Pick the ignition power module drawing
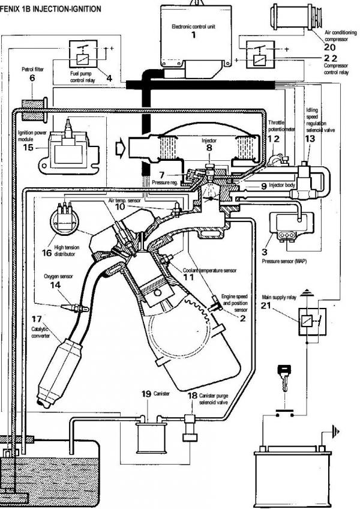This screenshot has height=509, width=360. [x=65, y=148]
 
